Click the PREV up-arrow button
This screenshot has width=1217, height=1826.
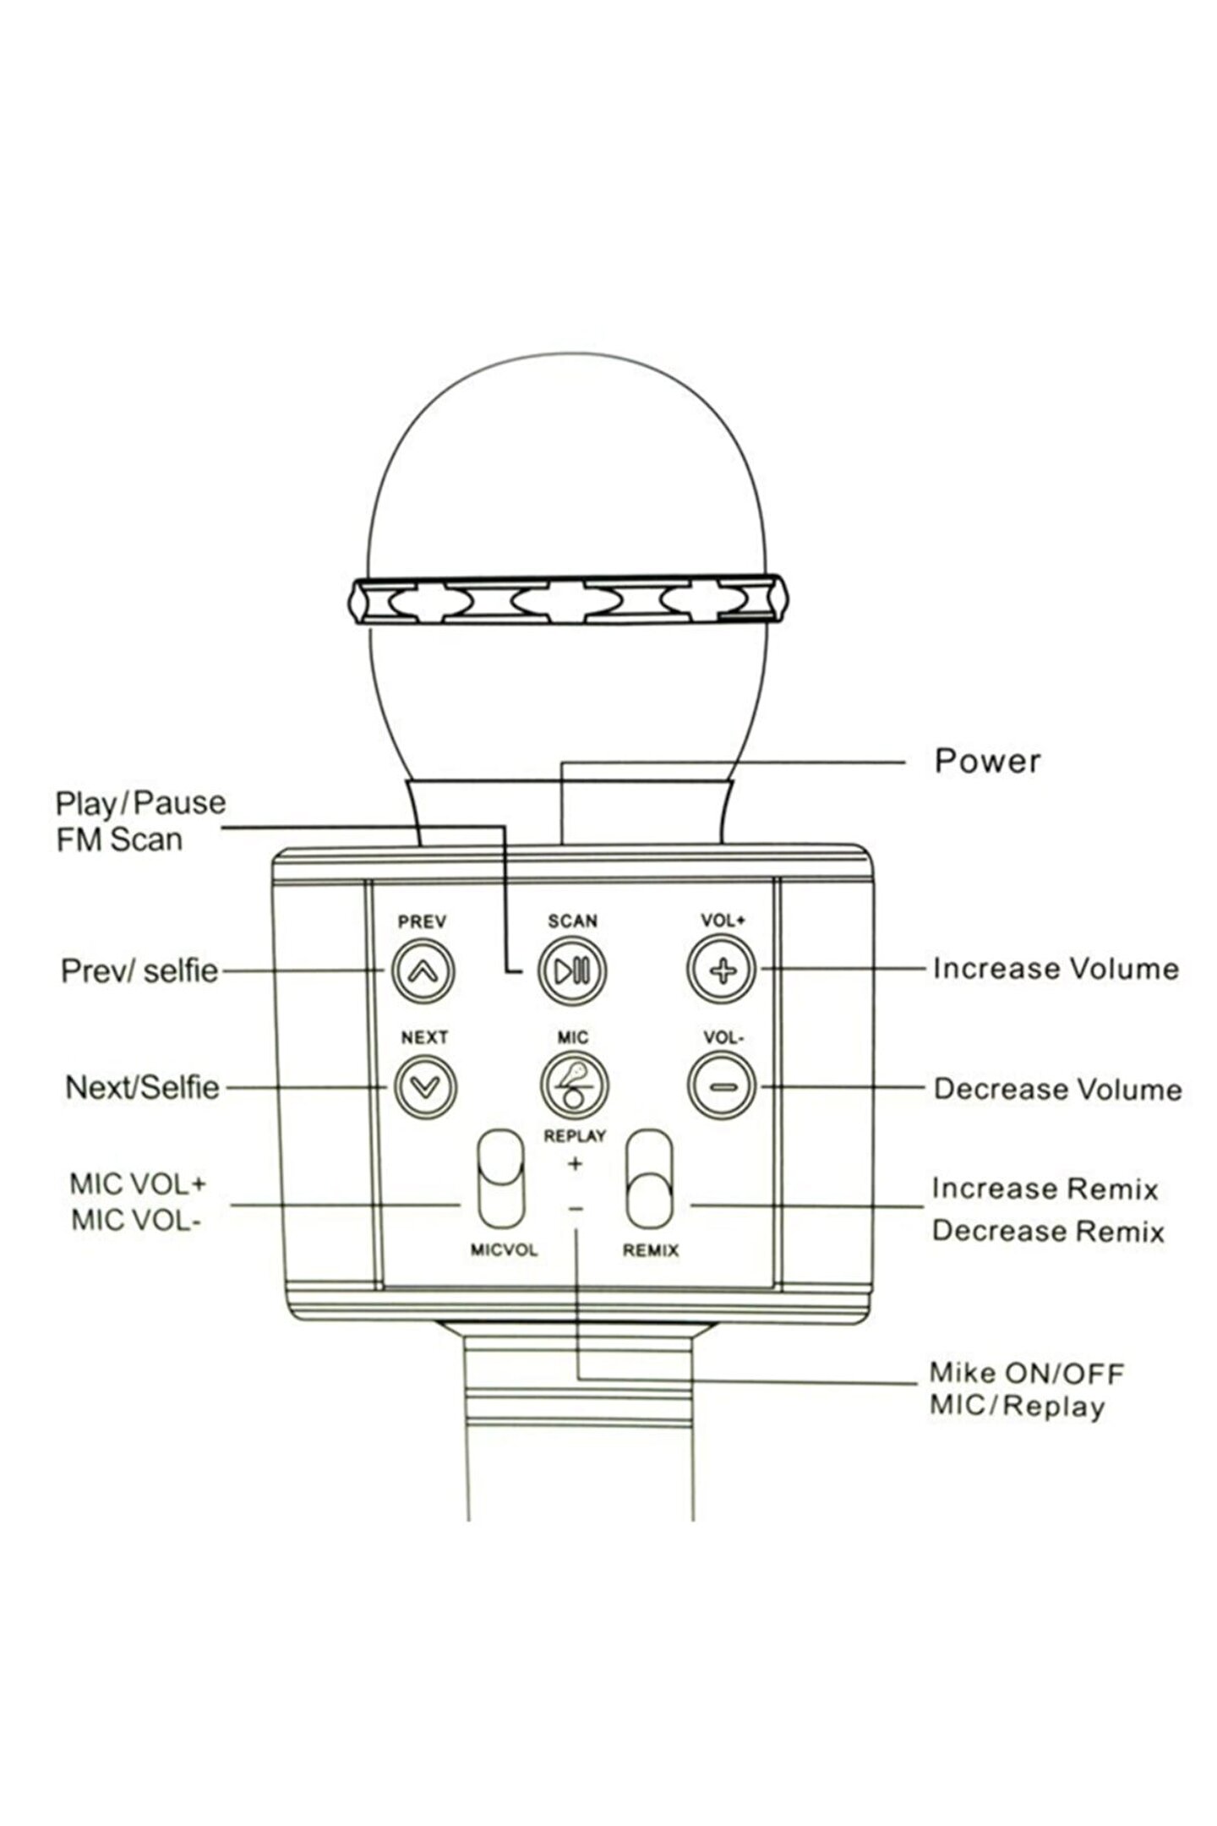pos(423,970)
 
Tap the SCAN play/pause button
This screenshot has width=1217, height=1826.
pos(572,970)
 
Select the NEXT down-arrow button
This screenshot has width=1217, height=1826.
pos(424,1086)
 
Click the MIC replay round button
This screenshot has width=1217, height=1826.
pos(574,1085)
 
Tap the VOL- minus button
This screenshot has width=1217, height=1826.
pos(721,1086)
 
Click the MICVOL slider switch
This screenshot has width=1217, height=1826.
pos(501,1180)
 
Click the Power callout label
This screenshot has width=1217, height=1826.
pos(986,761)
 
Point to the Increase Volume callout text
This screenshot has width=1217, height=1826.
pos(1055,969)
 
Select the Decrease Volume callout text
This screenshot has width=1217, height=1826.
pos(1056,1089)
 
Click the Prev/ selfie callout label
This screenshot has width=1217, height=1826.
pos(139,970)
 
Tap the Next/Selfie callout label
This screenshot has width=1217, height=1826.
pos(142,1087)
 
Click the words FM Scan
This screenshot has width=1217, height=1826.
pos(119,839)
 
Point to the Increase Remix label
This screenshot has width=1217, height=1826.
pos(1044,1189)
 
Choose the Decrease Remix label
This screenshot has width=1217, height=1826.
pos(1047,1231)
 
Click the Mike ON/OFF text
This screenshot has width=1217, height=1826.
pos(1026,1373)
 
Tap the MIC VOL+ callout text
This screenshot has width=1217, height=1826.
pos(138,1184)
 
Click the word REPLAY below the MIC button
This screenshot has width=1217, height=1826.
pos(575,1136)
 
